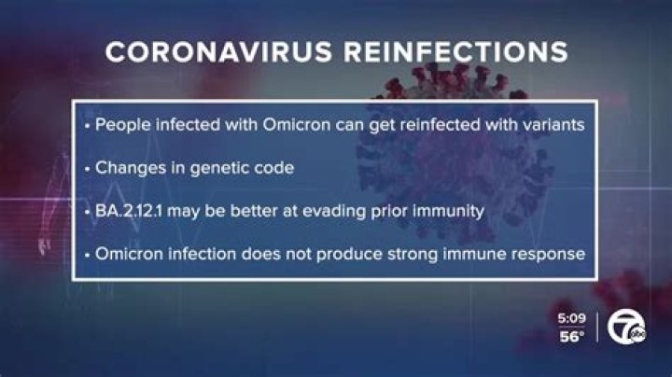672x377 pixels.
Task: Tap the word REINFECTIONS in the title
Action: pyautogui.click(x=452, y=52)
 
